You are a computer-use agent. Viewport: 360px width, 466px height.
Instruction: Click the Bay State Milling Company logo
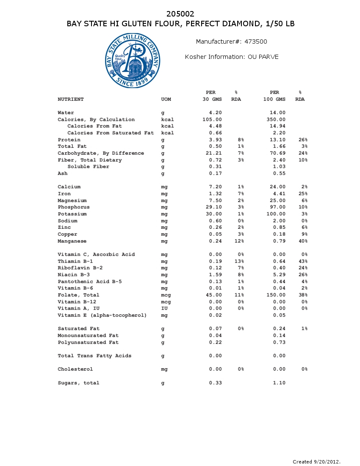pyautogui.click(x=133, y=61)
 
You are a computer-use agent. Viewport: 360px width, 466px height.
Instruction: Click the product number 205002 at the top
pyautogui.click(x=180, y=14)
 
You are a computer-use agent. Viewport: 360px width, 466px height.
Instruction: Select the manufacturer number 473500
pyautogui.click(x=256, y=42)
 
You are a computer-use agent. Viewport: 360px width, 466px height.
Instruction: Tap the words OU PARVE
pyautogui.click(x=263, y=57)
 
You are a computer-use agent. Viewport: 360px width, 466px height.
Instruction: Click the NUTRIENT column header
pyautogui.click(x=71, y=100)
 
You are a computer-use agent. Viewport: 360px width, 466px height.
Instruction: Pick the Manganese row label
pyautogui.click(x=72, y=241)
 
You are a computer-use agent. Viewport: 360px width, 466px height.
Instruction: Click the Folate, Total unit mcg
pyautogui.click(x=166, y=295)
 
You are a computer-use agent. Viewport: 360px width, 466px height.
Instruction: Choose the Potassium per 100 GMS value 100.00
pyautogui.click(x=276, y=214)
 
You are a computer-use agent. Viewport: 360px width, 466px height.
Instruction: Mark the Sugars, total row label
pyautogui.click(x=78, y=383)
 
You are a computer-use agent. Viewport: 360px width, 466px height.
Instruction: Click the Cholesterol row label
pyautogui.click(x=75, y=369)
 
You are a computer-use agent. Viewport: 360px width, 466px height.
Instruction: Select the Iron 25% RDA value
pyautogui.click(x=303, y=194)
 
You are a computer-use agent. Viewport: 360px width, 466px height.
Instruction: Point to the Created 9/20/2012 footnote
pyautogui.click(x=316, y=461)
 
